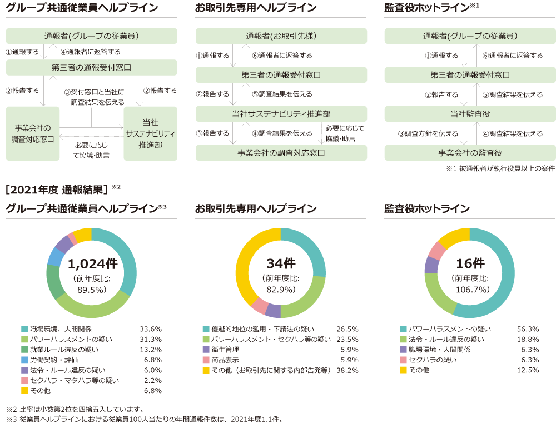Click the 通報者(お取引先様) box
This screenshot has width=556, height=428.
coord(281,36)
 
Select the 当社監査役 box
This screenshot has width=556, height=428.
coord(470,114)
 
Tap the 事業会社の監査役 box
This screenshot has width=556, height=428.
coord(470,152)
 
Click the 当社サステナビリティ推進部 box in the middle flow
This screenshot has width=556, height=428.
coord(281,114)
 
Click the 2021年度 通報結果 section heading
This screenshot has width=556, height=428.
coord(56,189)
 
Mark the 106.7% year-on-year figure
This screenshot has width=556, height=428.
coord(470,290)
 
